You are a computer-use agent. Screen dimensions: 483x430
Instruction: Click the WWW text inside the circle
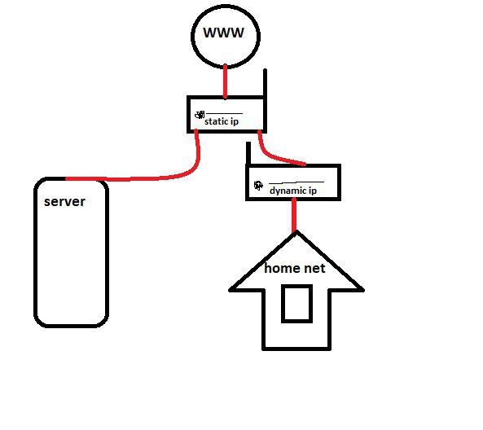tap(224, 33)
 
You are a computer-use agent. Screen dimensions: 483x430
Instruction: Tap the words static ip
tap(222, 121)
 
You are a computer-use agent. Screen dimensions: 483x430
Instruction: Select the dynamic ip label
tap(293, 191)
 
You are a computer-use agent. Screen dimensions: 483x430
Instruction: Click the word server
tap(64, 202)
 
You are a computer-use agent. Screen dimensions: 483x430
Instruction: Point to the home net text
tap(295, 268)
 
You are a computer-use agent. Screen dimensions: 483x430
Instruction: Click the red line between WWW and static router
tap(225, 81)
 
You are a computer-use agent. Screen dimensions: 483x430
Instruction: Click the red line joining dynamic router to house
tap(295, 215)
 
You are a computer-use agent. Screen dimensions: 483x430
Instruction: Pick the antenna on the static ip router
tap(265, 82)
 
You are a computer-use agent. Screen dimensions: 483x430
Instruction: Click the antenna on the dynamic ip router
tap(248, 153)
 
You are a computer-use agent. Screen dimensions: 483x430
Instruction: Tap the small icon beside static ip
tap(200, 115)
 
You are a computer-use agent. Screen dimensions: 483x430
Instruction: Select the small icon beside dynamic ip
tap(258, 186)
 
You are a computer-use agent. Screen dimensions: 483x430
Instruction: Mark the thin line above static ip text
tap(224, 114)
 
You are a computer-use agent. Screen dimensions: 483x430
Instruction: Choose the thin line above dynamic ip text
tap(296, 182)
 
